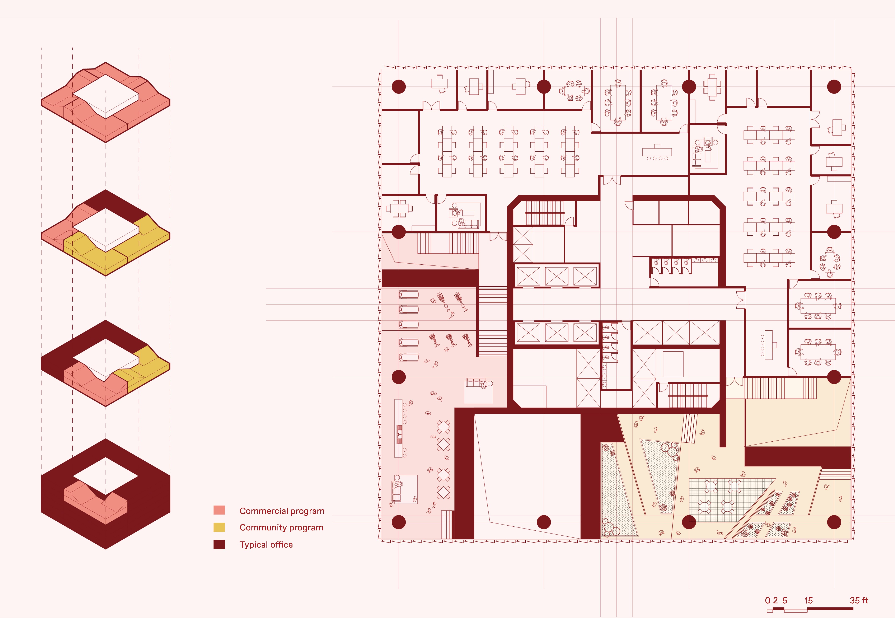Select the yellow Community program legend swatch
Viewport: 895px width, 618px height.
[x=219, y=527]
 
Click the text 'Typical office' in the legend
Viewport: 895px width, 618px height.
[x=266, y=544]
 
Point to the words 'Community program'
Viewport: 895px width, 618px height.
[x=281, y=527]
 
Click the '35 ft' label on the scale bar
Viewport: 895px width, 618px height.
[x=859, y=600]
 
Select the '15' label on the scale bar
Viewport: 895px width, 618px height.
[x=808, y=600]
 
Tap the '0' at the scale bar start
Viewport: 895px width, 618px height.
[x=768, y=600]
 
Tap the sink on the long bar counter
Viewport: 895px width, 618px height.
[x=399, y=434]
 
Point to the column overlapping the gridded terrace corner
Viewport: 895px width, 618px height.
[x=689, y=522]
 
